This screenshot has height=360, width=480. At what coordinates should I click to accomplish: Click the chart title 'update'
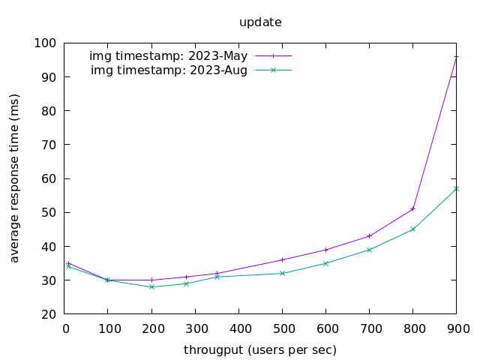point(260,22)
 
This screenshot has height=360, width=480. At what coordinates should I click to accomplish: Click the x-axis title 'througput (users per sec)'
point(260,350)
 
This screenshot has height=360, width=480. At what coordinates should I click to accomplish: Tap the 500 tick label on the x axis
point(283,328)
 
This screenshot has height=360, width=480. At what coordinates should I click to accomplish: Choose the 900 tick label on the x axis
point(457,328)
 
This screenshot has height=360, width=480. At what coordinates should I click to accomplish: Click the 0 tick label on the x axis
point(65,328)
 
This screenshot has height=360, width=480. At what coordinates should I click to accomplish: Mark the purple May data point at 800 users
point(412,208)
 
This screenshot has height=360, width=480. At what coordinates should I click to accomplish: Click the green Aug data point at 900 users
point(456,188)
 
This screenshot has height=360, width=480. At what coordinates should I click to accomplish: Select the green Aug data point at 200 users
point(151,286)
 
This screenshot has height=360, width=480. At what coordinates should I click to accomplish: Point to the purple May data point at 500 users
point(282,259)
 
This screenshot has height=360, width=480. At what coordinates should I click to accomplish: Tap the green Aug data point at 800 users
point(412,229)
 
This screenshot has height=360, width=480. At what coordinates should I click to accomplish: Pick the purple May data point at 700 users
point(369,236)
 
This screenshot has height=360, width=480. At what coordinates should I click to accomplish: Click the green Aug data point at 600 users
point(325,263)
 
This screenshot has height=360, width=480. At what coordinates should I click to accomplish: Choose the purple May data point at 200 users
point(151,280)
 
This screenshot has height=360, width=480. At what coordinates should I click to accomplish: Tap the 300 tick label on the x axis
point(196,328)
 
